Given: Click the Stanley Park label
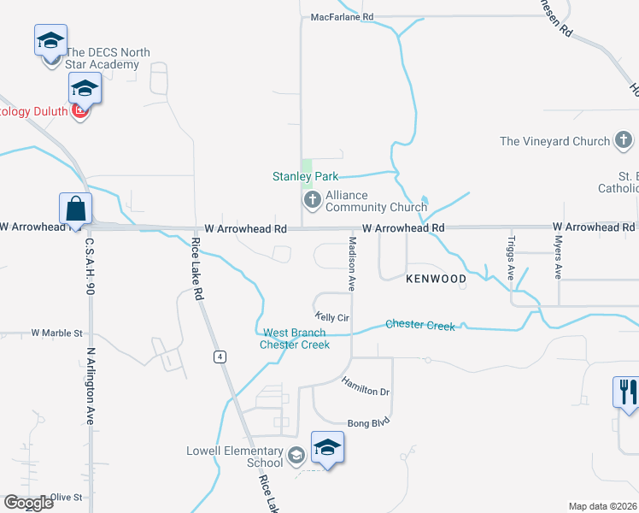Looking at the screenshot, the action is (x=305, y=177).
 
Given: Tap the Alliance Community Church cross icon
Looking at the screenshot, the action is (x=312, y=200).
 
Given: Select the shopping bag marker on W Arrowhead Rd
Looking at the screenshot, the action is (x=76, y=210).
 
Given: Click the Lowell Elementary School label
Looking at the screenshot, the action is (x=235, y=457).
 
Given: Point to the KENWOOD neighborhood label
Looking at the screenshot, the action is (x=436, y=280).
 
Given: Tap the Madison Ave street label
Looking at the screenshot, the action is (x=351, y=262).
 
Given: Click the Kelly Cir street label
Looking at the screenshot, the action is (x=333, y=317).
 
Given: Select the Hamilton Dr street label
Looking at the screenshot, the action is (x=366, y=386).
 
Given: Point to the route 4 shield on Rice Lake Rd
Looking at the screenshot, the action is (x=220, y=357).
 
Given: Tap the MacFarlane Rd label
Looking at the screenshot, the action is (x=342, y=16).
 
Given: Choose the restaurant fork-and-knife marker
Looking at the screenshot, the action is (x=628, y=392).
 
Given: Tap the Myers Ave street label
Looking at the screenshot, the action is (x=558, y=258).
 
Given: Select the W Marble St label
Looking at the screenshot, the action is (x=56, y=333).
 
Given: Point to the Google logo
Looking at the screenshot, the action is (x=28, y=503).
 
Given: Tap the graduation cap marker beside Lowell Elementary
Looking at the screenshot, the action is (x=328, y=448).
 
